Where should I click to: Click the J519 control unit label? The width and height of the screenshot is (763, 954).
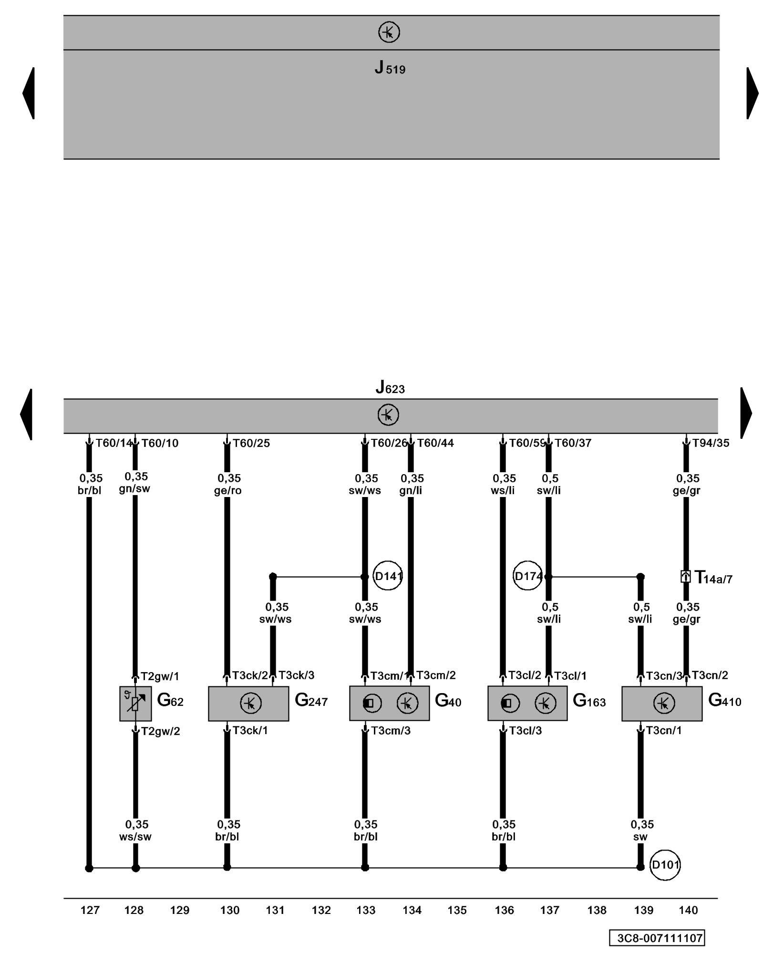pos(390,68)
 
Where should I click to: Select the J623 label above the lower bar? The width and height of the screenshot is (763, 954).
pos(390,387)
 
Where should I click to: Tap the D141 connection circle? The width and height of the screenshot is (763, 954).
pos(388,576)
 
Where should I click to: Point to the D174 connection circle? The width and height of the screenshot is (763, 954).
pos(527,576)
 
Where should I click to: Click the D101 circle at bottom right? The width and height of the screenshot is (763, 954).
pos(665,865)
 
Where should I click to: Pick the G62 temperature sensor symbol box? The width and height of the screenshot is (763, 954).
pos(135,703)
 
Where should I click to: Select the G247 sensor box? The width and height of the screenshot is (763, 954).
pos(248,703)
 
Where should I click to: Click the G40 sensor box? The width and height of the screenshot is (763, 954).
pos(389,703)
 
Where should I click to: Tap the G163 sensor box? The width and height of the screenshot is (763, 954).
pos(527,703)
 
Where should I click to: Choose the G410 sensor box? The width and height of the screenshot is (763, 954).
pos(662,703)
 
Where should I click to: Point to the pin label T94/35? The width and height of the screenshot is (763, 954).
pos(711,443)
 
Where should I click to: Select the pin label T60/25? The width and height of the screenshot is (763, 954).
pos(251,443)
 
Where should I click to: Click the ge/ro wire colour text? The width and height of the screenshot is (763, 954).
pos(227,490)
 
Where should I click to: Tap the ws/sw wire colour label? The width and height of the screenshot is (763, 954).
pos(135,837)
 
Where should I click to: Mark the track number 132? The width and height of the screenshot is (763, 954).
pos(321,910)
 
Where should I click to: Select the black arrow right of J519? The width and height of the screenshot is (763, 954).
pos(752,93)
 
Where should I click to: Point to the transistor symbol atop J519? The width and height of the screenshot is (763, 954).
pos(389,32)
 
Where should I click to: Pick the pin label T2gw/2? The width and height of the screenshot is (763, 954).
pos(160,731)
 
